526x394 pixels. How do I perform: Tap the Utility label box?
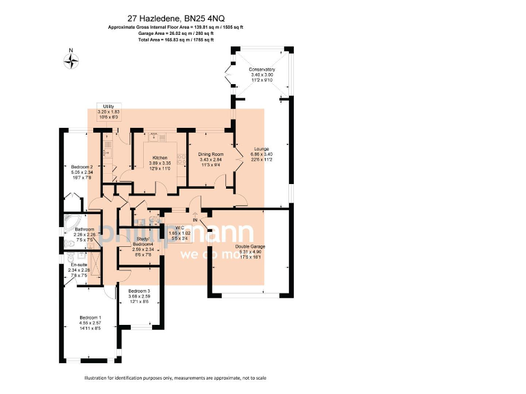coord(108,111)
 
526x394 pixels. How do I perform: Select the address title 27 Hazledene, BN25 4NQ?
coord(176,18)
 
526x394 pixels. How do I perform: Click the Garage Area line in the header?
coord(176,34)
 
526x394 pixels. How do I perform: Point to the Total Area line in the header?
coord(176,40)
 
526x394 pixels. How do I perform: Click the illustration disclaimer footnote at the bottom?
coord(175,378)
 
